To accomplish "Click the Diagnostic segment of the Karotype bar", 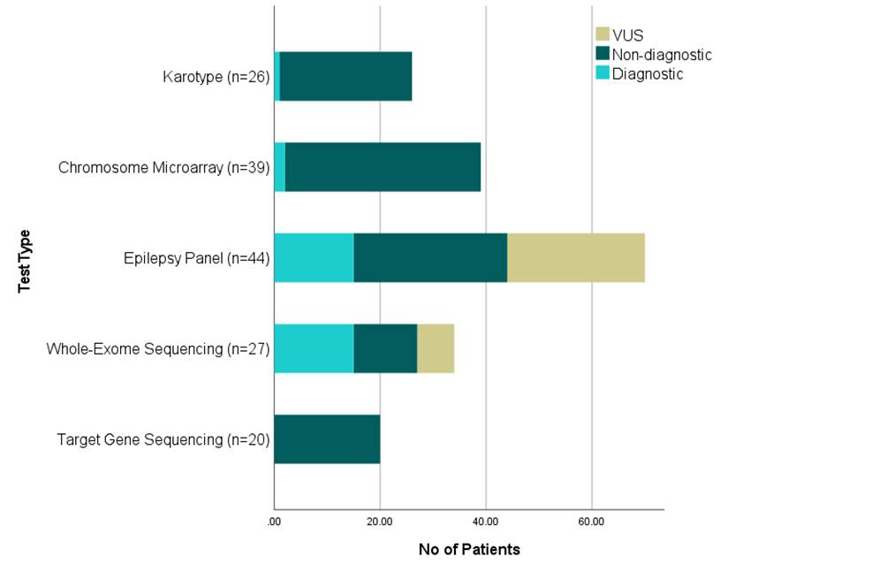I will point(277,76).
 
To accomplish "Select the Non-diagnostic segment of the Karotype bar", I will point(345,76).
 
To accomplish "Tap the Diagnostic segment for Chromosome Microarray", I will point(280,167).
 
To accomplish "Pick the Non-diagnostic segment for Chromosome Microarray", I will point(383,167).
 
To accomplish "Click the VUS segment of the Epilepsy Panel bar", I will point(576,257).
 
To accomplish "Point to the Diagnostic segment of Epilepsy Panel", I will point(314,257).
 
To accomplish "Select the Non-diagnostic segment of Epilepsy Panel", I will point(430,257).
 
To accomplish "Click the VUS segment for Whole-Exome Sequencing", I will point(436,348).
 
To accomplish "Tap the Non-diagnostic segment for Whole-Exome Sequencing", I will point(385,348).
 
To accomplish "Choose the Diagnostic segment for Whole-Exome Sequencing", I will point(314,348).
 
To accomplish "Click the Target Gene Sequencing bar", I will point(327,439).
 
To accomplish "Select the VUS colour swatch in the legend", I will point(603,34).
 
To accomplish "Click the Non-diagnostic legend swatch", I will point(603,54).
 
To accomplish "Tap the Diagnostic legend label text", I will point(648,74).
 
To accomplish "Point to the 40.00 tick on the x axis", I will point(485,522).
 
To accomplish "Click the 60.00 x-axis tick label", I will point(591,522).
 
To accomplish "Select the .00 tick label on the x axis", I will point(274,522).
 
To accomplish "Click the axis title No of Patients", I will point(469,550).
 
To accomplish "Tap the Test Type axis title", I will point(25,262).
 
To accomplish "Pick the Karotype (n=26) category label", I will point(216,77).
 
